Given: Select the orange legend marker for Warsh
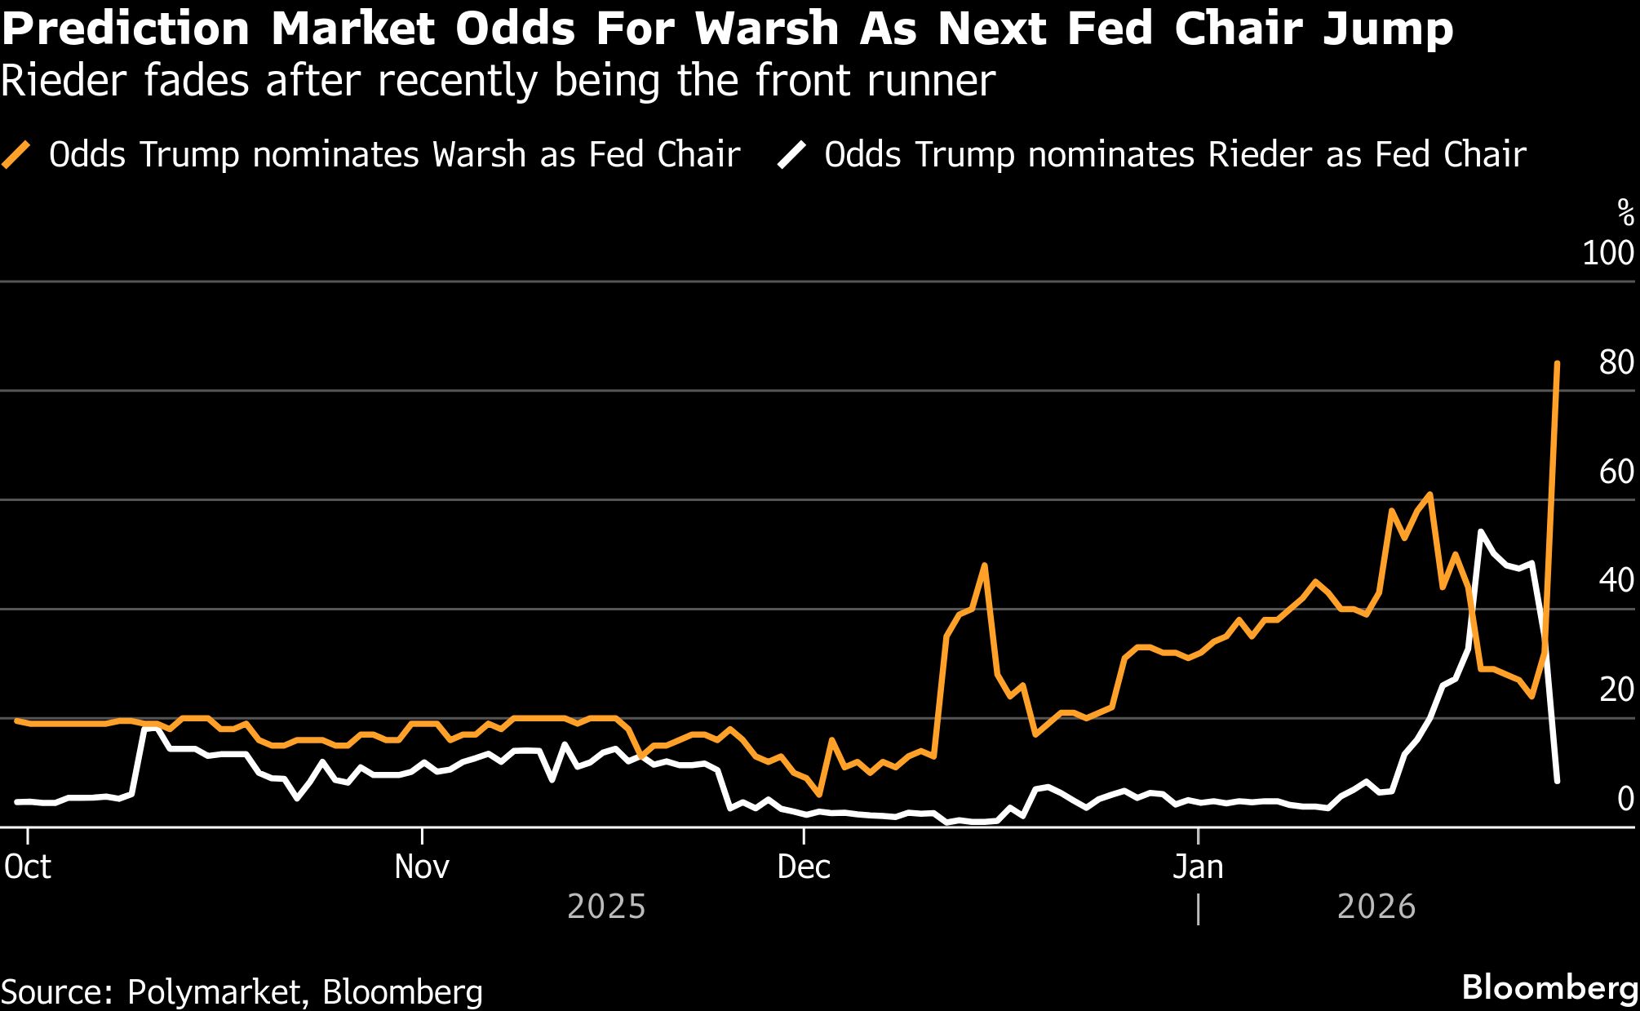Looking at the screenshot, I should point(16,154).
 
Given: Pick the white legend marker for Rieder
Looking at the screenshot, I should point(791,154).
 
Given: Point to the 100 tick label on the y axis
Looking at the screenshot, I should point(1607,253).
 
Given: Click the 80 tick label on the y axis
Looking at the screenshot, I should point(1616,362).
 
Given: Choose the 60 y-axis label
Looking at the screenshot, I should point(1616,472).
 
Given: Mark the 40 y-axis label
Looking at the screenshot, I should point(1616,580).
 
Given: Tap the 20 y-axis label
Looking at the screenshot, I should point(1616,690).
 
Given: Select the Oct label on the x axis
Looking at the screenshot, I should point(28,867).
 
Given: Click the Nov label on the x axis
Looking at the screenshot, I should point(421,867).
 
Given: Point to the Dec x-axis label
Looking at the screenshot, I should point(804,867).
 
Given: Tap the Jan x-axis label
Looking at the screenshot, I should point(1198,867).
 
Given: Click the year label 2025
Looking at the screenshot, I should point(606,907).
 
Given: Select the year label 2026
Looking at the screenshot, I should point(1376,907).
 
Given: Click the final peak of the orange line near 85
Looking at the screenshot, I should point(1557,364).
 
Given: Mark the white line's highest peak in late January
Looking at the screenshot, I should point(1481,532).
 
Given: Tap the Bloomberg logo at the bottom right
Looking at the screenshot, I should point(1549,987).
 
